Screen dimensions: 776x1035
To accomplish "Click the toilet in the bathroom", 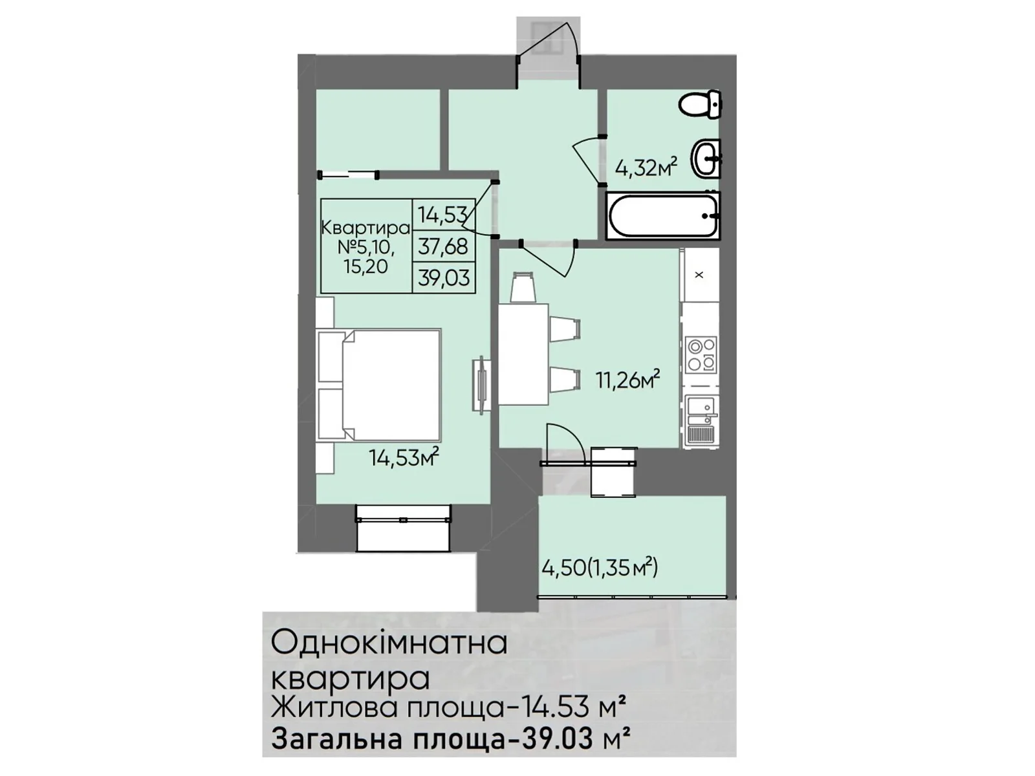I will pyautogui.click(x=701, y=104).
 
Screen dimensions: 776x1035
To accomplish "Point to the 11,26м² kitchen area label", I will pyautogui.click(x=627, y=380).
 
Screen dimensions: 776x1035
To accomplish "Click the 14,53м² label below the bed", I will pyautogui.click(x=404, y=458).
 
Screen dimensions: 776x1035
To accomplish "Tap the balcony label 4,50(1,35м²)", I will pyautogui.click(x=600, y=568).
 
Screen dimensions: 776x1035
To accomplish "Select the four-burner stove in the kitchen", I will pyautogui.click(x=701, y=354).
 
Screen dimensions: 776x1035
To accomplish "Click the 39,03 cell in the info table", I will pyautogui.click(x=444, y=278).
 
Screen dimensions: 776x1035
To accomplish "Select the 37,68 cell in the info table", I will pyautogui.click(x=444, y=246).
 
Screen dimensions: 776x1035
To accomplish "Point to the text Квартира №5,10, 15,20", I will pyautogui.click(x=366, y=246).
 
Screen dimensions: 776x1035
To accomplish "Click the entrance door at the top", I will pyautogui.click(x=549, y=45).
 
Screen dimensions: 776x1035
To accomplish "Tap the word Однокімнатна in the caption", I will pyautogui.click(x=389, y=643).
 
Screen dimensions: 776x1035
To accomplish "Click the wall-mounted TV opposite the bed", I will pyautogui.click(x=480, y=385).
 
